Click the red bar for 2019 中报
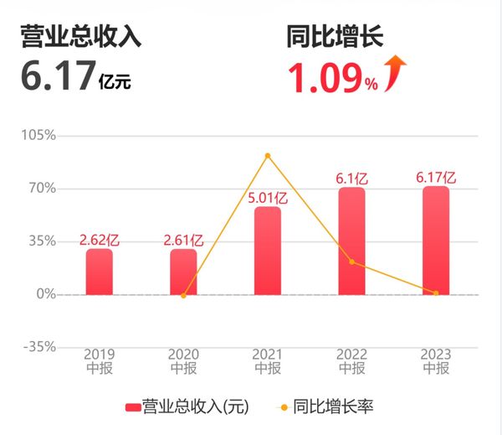click(x=99, y=272)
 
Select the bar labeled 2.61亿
click(x=183, y=272)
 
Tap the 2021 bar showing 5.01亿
click(x=268, y=251)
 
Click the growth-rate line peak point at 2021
click(x=268, y=156)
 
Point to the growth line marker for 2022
click(x=351, y=262)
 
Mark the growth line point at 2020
click(x=183, y=295)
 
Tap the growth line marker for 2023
click(x=436, y=293)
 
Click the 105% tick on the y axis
click(x=38, y=136)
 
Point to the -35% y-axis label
click(x=38, y=347)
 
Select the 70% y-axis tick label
click(x=41, y=189)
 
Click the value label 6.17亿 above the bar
click(x=436, y=177)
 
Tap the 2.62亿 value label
click(x=99, y=240)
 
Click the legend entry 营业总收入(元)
click(x=187, y=407)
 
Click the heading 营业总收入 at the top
click(x=81, y=38)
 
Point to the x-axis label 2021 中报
click(x=268, y=361)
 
